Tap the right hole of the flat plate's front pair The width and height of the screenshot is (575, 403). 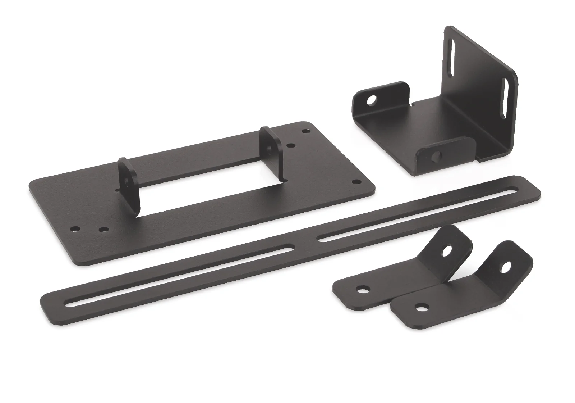click(104, 229)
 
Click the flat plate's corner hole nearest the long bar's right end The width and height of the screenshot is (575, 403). click(356, 181)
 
